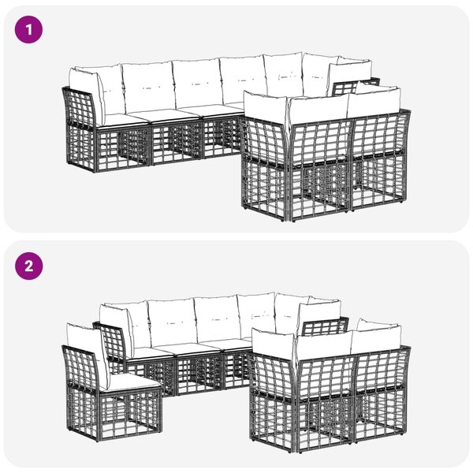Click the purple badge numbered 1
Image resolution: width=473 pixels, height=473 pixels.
[28, 30]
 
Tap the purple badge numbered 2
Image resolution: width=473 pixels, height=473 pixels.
[28, 266]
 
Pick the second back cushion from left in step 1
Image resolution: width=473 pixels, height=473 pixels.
[148, 88]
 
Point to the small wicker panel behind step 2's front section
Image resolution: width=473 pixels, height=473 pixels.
[325, 327]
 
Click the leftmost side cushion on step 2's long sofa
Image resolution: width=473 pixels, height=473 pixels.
[116, 326]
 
